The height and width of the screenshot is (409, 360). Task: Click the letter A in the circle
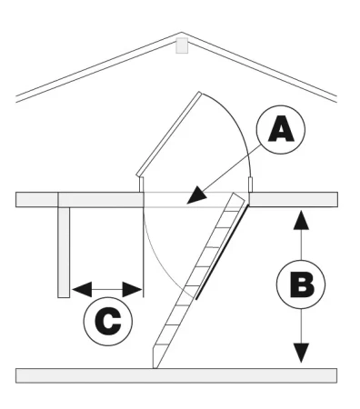[x=281, y=129]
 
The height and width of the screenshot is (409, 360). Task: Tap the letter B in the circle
[x=301, y=284]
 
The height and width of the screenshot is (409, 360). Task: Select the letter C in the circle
[x=108, y=322]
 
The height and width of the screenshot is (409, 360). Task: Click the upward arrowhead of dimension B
[x=301, y=220]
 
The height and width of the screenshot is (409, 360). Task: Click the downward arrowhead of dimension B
[x=300, y=353]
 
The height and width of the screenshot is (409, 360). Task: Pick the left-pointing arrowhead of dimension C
[x=82, y=289]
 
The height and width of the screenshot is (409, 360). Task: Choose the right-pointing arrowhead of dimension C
[x=132, y=289]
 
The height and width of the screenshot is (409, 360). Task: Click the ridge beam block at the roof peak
[x=182, y=45]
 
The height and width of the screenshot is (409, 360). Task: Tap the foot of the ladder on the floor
[x=155, y=360]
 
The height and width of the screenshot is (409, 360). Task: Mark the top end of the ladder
[x=238, y=197]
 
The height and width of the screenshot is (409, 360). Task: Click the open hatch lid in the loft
[x=169, y=134]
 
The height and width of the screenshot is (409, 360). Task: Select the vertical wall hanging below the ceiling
[x=64, y=253]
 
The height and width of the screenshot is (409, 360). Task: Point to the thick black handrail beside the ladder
[x=223, y=252]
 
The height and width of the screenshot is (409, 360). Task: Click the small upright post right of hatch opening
[x=250, y=185]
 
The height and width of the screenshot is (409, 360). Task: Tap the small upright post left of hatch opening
[x=141, y=185]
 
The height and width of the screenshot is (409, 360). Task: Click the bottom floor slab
[x=176, y=375]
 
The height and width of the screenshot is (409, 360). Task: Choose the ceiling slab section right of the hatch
[x=293, y=200]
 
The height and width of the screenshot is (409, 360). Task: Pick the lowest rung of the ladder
[x=162, y=344]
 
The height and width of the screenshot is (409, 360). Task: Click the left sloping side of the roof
[x=99, y=66]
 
